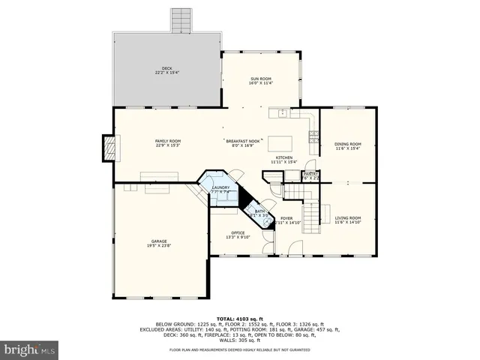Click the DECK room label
(x=166, y=70)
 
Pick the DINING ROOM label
(x=348, y=145)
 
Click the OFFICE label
(x=238, y=235)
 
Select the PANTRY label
(x=310, y=175)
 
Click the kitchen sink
(x=282, y=114)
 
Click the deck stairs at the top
(x=181, y=20)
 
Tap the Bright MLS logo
(x=30, y=349)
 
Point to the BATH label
(x=259, y=213)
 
